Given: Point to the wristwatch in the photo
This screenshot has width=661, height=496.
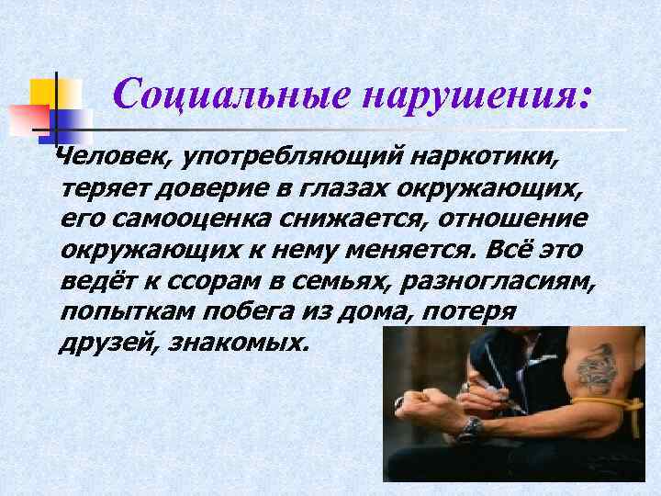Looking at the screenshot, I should coord(469,428).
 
